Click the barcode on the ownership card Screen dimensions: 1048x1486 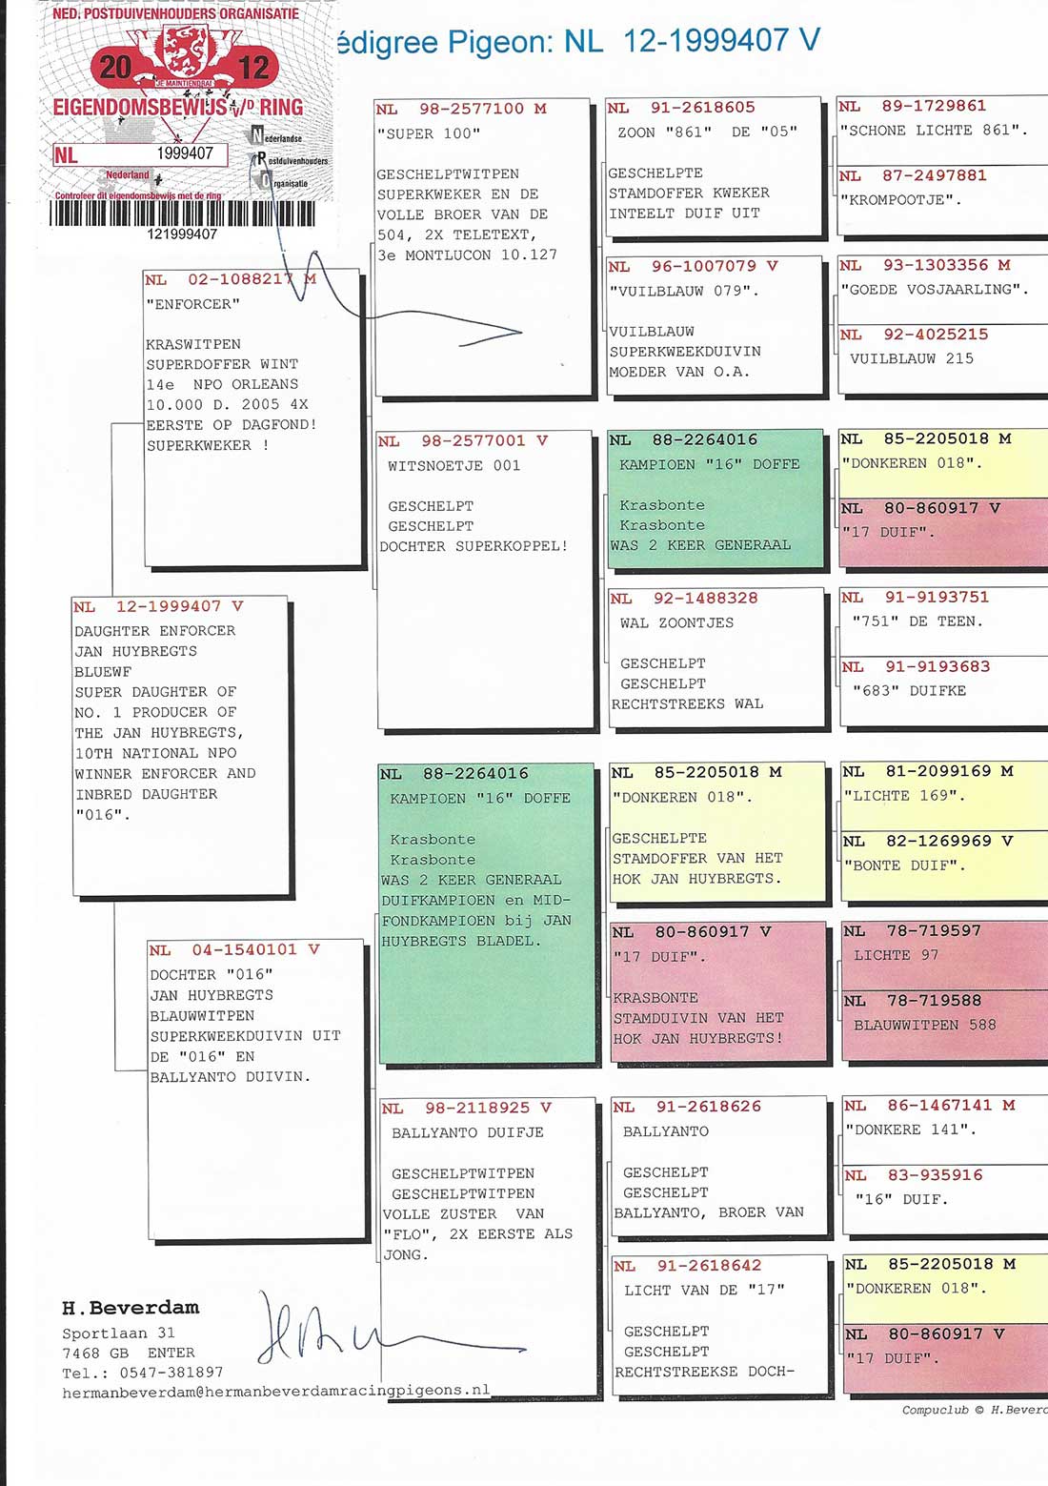(182, 213)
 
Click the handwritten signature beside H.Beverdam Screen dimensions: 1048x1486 (391, 1330)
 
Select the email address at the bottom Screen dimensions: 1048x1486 (275, 1391)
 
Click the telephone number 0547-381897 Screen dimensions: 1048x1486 (171, 1372)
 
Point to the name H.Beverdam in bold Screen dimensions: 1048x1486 (131, 1308)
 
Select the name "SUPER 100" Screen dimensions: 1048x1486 (428, 133)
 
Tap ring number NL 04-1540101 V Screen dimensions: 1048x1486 (234, 950)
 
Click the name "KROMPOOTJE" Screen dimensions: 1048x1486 (900, 199)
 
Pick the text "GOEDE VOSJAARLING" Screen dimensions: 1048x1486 (935, 289)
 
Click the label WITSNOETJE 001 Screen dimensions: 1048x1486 (454, 466)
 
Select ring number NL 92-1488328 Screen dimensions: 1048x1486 (684, 599)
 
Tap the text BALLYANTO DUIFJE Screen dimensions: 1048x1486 (468, 1132)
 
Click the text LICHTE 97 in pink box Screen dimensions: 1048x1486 (896, 955)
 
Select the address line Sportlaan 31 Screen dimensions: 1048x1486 (119, 1333)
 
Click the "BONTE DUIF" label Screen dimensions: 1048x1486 (904, 865)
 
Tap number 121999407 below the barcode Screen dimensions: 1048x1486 (182, 234)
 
